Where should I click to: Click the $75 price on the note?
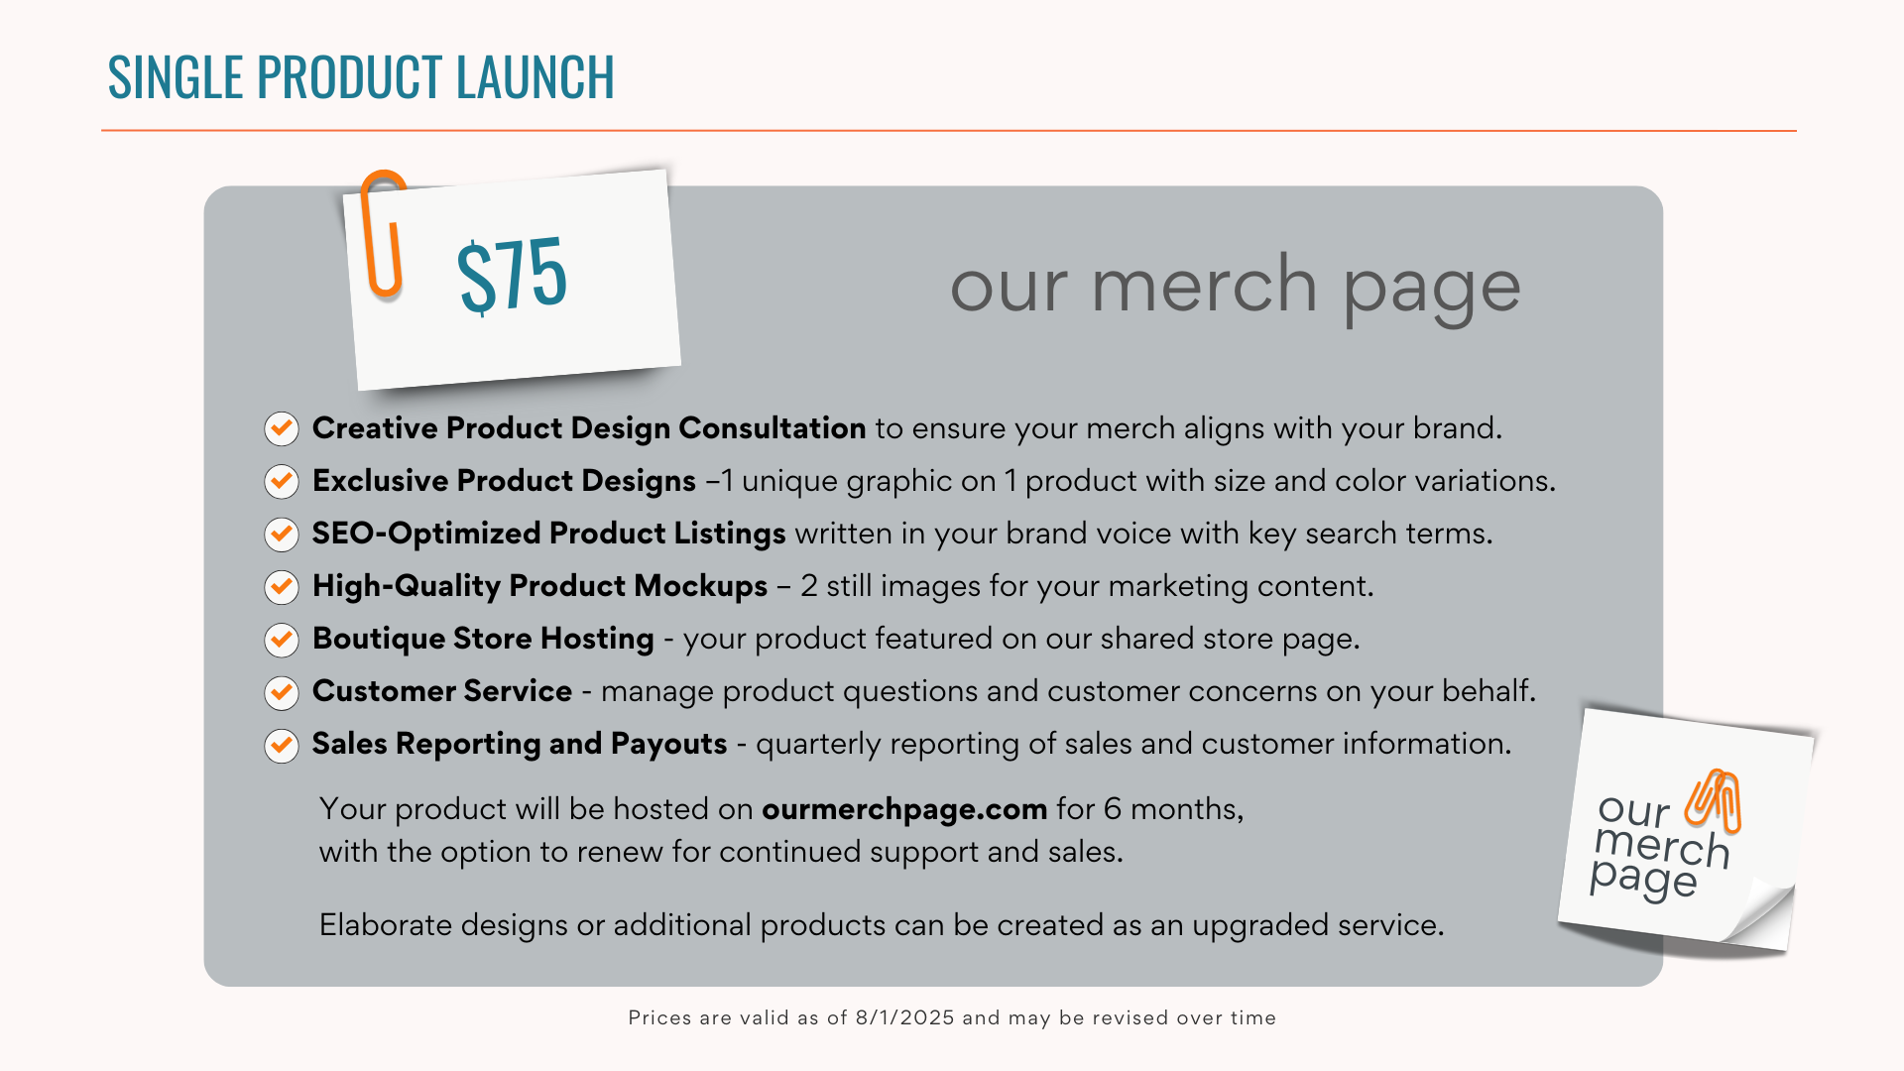click(512, 275)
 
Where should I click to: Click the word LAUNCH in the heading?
click(535, 77)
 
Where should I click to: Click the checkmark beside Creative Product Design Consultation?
click(282, 428)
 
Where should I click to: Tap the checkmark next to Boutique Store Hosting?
click(282, 640)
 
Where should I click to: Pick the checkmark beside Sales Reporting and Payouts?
click(282, 745)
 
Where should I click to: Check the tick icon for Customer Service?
click(282, 692)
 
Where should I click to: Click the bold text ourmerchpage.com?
click(904, 809)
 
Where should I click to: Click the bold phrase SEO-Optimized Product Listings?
click(548, 534)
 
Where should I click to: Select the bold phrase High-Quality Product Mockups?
click(539, 586)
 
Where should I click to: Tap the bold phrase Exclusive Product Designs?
click(504, 481)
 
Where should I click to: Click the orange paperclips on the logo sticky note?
click(1714, 799)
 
